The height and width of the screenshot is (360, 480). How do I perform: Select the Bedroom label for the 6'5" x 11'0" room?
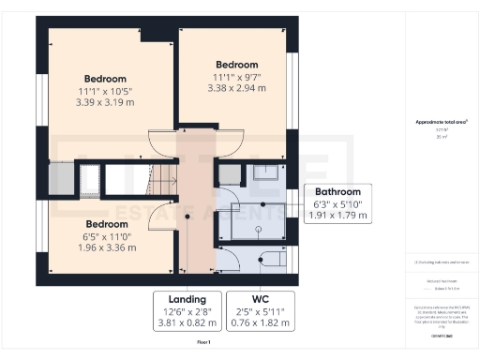[106, 224]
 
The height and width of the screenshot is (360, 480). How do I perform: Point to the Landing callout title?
[186, 299]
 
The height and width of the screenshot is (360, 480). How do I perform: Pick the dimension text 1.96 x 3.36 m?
[106, 248]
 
